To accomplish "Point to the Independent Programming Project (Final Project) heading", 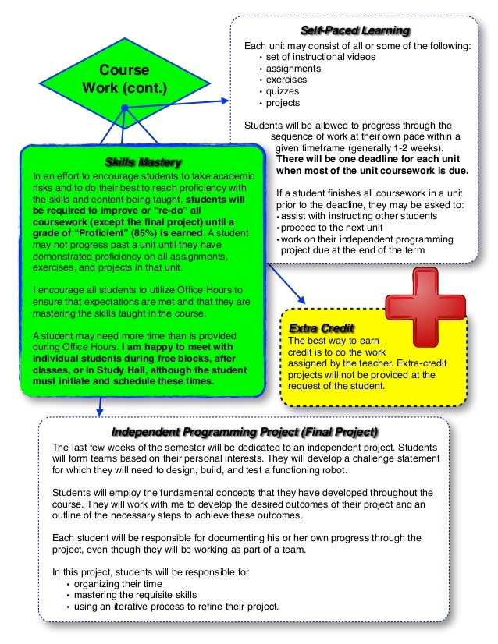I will (245, 432).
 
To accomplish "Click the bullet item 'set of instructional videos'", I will (320, 57).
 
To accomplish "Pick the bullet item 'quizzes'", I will (284, 91).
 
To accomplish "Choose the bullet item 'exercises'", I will (286, 80).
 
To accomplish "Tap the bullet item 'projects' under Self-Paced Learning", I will (283, 103).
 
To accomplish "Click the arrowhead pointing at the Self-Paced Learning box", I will (226, 100).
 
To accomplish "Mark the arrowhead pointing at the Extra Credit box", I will (301, 301).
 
